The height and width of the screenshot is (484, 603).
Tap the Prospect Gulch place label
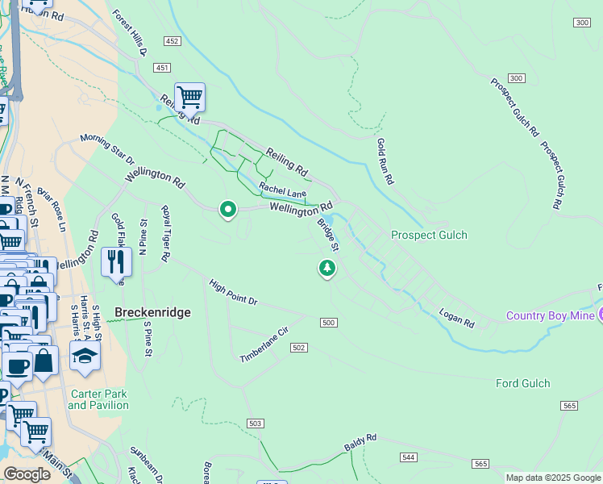pos(429,235)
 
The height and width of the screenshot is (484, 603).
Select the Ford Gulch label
pos(522,383)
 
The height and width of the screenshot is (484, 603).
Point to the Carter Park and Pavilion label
pos(98,399)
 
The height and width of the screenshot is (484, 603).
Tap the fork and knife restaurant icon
pos(116,261)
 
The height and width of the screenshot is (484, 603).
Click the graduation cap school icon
pos(85,355)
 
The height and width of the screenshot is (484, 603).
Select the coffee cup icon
pos(17,365)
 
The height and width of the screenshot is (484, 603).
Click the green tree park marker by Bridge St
pos(326,267)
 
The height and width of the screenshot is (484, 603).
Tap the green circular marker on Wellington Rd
pos(228,210)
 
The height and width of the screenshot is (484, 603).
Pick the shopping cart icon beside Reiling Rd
pos(189,98)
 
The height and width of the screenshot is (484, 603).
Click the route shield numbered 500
pos(327,323)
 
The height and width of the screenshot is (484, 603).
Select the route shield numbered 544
pos(408,457)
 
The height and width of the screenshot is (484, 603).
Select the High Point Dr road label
pos(232,293)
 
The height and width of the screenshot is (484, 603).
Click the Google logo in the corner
pos(27,474)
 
